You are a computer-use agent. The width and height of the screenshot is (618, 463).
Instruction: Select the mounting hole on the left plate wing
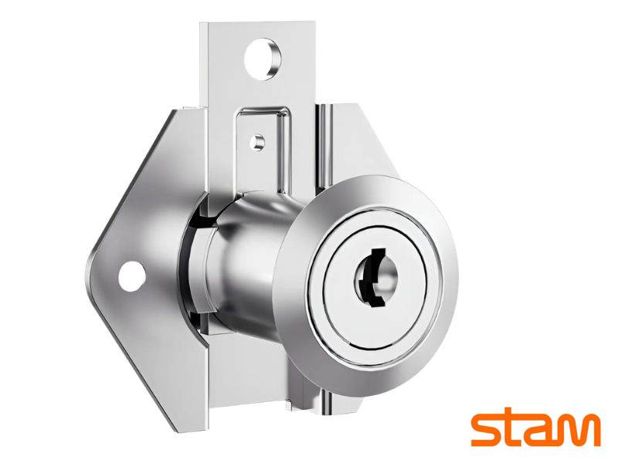click(x=131, y=276)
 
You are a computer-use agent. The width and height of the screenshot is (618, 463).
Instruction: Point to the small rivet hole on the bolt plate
click(x=258, y=142)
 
